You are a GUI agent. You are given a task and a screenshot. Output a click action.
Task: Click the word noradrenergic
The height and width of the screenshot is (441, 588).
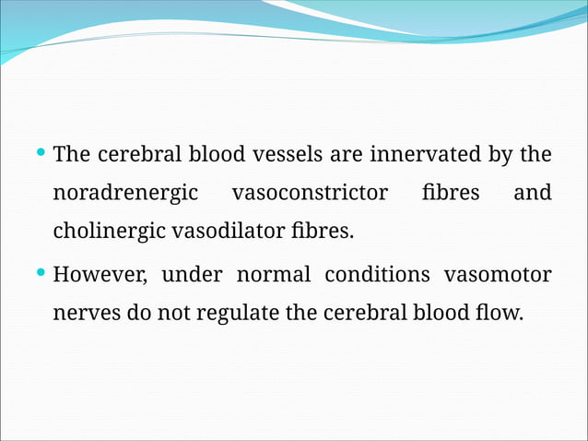pos(125,194)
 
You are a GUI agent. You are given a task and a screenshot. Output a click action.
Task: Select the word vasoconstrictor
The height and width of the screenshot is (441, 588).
pos(310,193)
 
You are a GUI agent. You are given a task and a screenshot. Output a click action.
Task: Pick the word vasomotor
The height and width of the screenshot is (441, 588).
pos(498,275)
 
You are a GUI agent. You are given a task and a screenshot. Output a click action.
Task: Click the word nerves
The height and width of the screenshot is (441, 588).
pos(87,313)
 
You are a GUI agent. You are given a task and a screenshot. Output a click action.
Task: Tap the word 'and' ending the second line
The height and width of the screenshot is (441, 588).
pos(532,193)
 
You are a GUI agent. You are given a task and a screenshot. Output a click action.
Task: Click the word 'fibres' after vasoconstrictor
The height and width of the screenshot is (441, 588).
pos(452,193)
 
